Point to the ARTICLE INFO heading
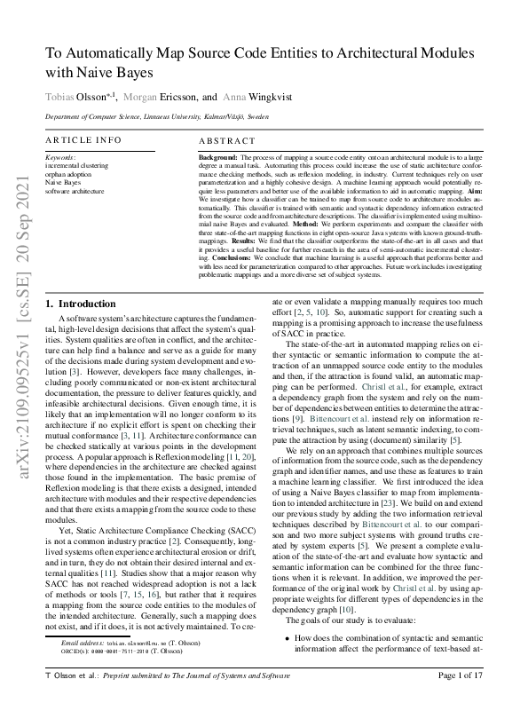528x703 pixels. [x=84, y=140]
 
